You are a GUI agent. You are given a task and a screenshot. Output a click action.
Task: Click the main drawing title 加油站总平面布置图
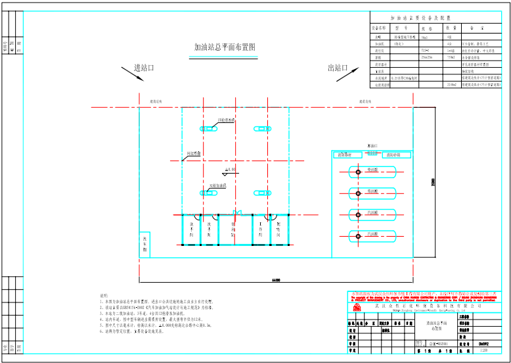pyautogui.click(x=225, y=48)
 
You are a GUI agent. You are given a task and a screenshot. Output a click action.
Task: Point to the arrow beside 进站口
pyautogui.click(x=131, y=74)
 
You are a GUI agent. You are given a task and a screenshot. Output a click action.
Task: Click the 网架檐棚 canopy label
pyautogui.click(x=194, y=153)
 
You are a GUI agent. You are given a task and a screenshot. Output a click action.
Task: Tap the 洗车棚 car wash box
pyautogui.click(x=144, y=245)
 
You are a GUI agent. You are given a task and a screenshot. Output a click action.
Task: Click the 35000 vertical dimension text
pyautogui.click(x=433, y=181)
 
